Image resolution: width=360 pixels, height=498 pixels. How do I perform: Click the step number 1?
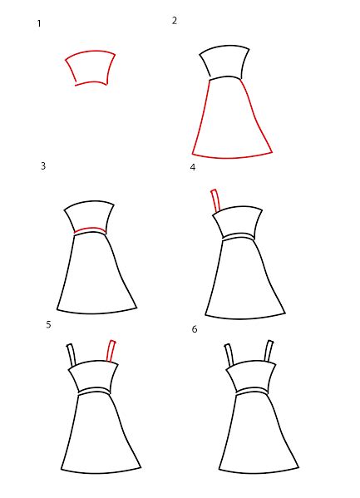point(39,23)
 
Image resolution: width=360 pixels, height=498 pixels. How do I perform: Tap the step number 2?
point(175,21)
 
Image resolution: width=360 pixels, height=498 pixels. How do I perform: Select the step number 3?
point(43,165)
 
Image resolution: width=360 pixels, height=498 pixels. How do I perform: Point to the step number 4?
point(193,167)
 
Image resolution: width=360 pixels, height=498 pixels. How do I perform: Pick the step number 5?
point(48,324)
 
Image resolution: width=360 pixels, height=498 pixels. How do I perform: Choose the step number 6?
point(195,329)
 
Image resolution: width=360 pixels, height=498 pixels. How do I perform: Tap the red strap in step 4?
point(215,200)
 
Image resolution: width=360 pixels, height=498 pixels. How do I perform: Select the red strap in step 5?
point(111,352)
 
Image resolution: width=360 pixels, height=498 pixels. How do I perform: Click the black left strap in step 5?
point(72,355)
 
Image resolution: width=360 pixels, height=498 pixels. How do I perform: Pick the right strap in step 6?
point(269,352)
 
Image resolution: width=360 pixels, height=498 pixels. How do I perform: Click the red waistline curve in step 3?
point(90,229)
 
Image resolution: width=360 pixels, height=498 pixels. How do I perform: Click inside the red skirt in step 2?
point(231,121)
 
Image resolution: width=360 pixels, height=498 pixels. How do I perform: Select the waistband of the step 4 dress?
point(239,237)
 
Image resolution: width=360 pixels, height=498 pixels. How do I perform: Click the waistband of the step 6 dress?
point(252,391)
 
